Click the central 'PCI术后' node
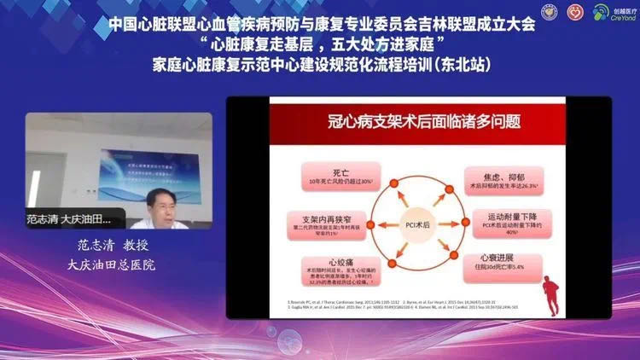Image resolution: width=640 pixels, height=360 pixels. (417, 224)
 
